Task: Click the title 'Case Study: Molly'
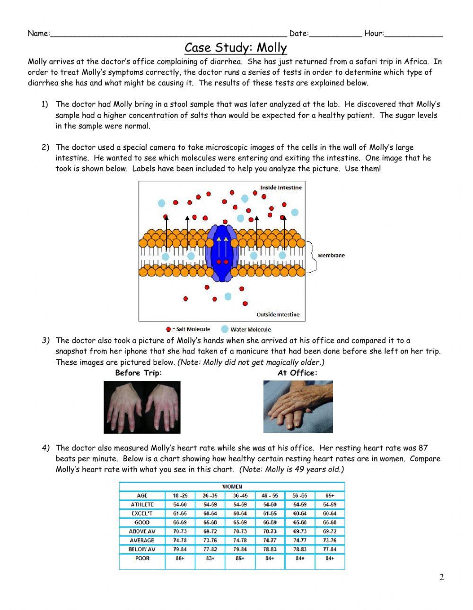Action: [x=236, y=48]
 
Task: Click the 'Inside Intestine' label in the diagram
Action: [x=280, y=188]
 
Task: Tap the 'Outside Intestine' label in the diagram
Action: [x=278, y=315]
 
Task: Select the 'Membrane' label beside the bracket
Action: [x=331, y=255]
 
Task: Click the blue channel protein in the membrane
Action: [x=222, y=254]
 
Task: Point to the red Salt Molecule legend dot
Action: [x=168, y=329]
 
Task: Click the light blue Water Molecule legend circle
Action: [x=225, y=329]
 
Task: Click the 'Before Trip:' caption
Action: [x=138, y=373]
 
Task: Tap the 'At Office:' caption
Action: [x=297, y=373]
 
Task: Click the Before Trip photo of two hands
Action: [x=142, y=407]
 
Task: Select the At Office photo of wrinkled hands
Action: [x=298, y=407]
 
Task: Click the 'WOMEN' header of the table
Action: [x=232, y=487]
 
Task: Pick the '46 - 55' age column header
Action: [x=270, y=496]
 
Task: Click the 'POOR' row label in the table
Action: [x=142, y=558]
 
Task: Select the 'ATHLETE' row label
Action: [x=142, y=505]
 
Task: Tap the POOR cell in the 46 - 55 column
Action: [x=270, y=558]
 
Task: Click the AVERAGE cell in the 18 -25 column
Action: [x=180, y=541]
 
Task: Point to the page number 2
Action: [x=441, y=577]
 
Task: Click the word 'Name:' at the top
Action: [x=38, y=34]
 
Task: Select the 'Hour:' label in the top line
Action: [x=374, y=34]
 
